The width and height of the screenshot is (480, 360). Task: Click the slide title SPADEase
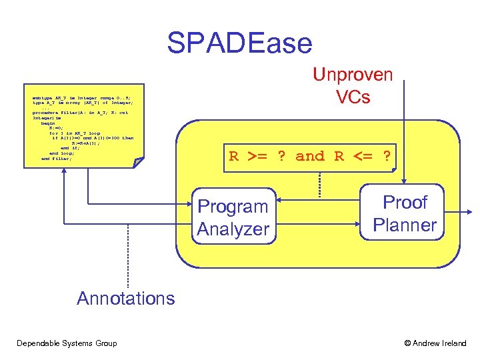[x=239, y=43]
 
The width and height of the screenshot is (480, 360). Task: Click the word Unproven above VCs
[x=353, y=75]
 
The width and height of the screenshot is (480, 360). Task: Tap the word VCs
[x=353, y=97]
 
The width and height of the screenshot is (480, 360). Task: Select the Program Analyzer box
[x=233, y=217]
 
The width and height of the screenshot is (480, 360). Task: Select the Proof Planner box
[x=405, y=213]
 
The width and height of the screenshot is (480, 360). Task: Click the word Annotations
[x=125, y=298]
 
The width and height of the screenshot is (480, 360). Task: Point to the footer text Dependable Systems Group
[x=67, y=343]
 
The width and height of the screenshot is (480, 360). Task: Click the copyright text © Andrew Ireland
[x=435, y=343]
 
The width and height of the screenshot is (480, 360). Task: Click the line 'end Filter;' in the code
[x=56, y=159]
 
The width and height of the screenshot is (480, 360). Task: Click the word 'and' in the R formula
[x=309, y=157]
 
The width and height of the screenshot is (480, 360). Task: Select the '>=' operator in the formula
[x=257, y=157]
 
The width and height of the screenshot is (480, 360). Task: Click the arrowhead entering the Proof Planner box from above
[x=403, y=177]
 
